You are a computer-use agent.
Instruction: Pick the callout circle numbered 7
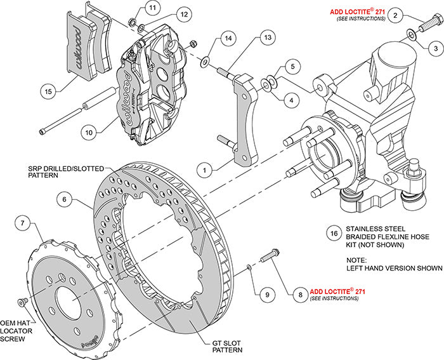click(23, 223)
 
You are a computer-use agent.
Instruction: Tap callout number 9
click(268, 294)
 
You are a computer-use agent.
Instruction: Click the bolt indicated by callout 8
click(269, 258)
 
